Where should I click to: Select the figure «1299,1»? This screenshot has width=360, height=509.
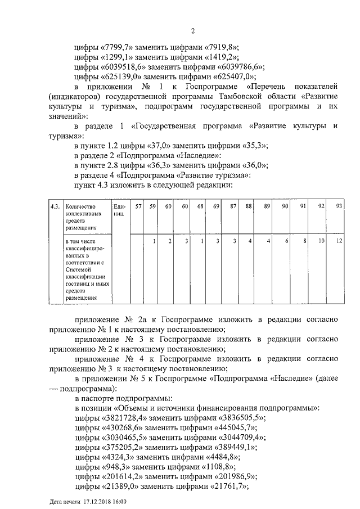click(116, 58)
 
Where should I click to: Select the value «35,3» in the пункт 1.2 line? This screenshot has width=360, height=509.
click(251, 145)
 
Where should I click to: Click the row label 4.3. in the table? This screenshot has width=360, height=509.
click(55, 207)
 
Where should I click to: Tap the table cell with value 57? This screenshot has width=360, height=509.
click(138, 207)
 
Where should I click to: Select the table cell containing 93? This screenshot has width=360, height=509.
click(339, 207)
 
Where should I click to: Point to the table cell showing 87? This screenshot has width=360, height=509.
click(232, 207)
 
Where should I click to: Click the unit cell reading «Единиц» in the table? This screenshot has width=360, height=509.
click(119, 210)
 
